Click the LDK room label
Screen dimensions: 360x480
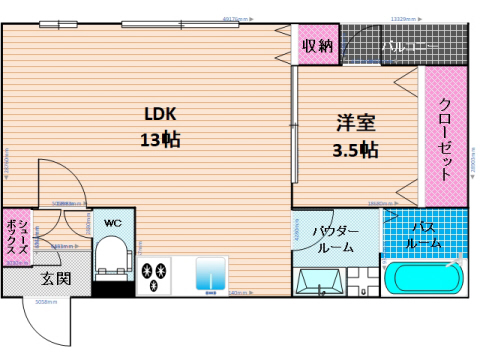point(160,112)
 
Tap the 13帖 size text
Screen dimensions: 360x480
point(160,140)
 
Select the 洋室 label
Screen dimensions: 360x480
point(355,124)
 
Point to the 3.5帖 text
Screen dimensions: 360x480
point(355,151)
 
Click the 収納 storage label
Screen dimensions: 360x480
point(319,45)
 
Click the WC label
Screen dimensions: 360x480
point(113,222)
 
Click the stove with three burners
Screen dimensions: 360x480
point(156,276)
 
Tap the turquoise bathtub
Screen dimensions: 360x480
point(425,280)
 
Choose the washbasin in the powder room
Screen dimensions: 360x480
point(320,283)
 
